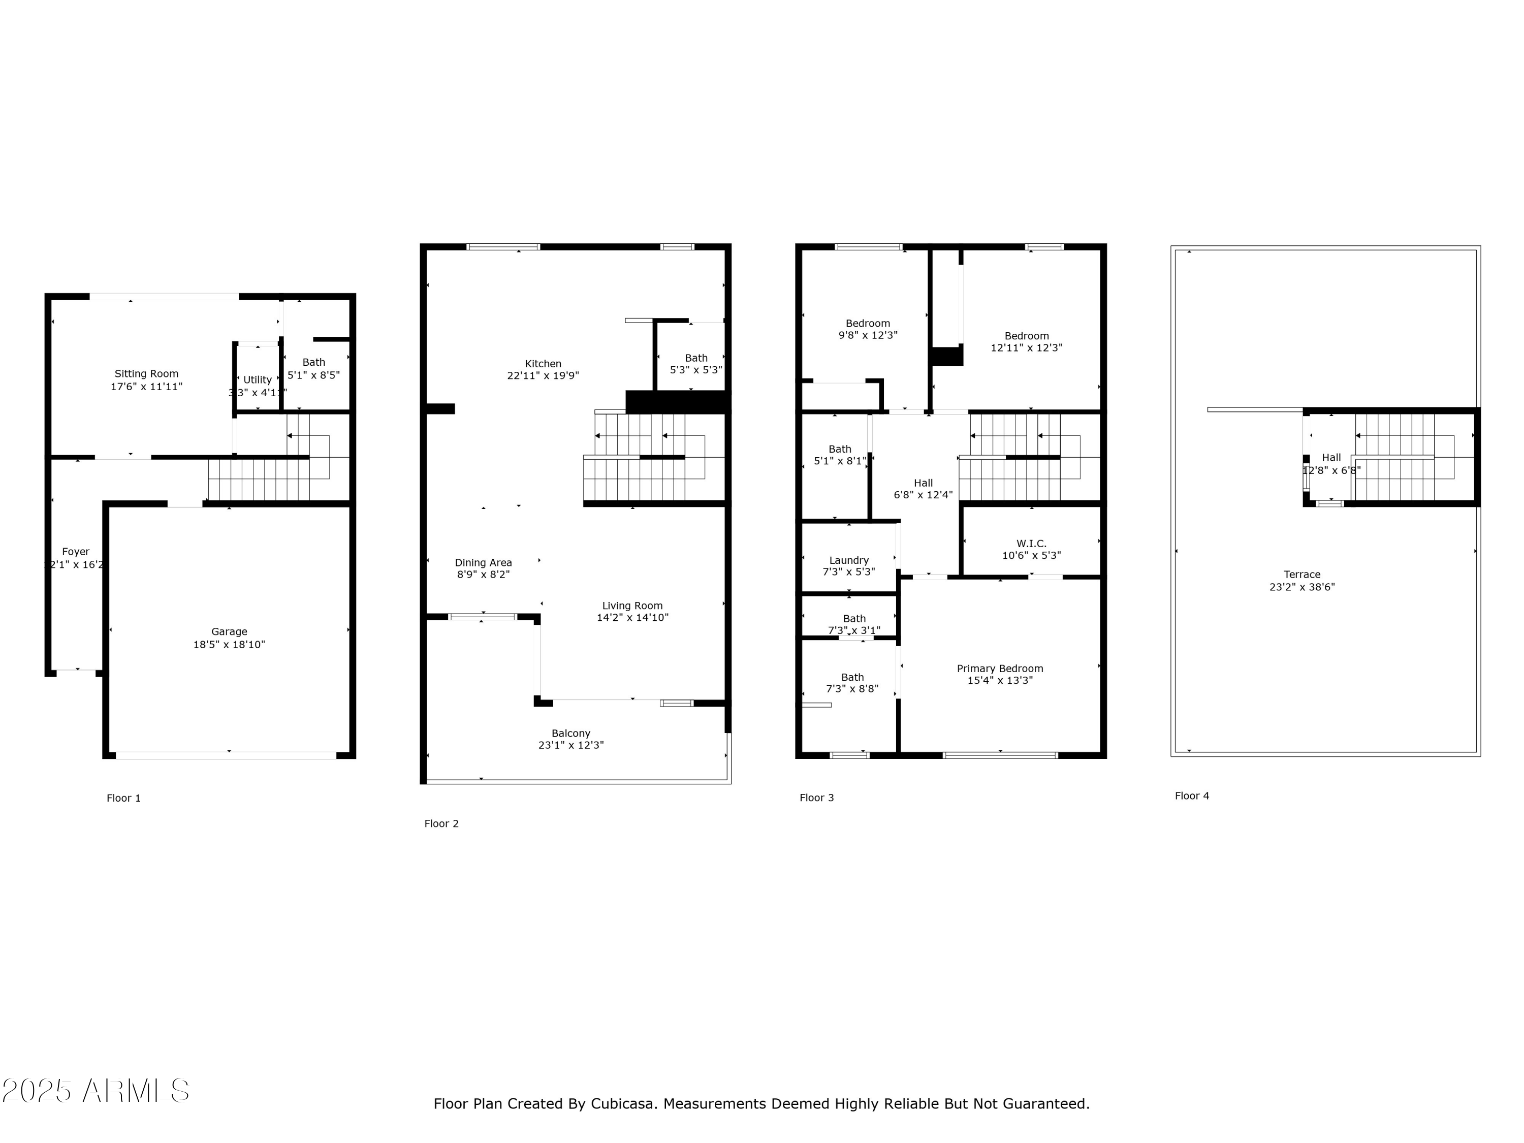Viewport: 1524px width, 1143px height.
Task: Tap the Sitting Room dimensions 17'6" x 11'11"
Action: coord(146,387)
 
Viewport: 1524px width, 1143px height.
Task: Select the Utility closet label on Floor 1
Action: coord(257,379)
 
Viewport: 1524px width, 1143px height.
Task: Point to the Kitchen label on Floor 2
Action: coord(543,364)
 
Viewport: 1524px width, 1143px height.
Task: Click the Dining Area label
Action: coord(483,563)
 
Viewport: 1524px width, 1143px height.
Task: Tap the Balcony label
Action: coord(570,734)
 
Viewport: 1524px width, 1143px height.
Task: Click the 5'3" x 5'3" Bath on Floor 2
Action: coord(696,364)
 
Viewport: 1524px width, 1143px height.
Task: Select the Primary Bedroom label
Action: coord(1000,669)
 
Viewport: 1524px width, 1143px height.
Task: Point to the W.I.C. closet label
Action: coord(1031,544)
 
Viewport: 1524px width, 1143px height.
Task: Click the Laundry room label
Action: coord(849,560)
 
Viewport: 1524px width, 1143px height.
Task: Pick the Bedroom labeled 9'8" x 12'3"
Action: coord(868,329)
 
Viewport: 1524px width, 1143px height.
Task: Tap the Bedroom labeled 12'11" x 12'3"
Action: coord(1026,342)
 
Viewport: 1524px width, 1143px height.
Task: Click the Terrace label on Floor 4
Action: coord(1301,575)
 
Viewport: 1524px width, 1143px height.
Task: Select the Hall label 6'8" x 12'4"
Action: coord(923,489)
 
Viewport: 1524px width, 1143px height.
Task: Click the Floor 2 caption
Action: coord(441,823)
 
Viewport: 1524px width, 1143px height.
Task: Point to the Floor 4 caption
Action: coord(1191,796)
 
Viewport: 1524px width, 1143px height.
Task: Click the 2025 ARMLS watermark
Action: coord(96,1091)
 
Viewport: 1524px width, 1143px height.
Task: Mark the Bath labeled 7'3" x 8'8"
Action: coord(852,683)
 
